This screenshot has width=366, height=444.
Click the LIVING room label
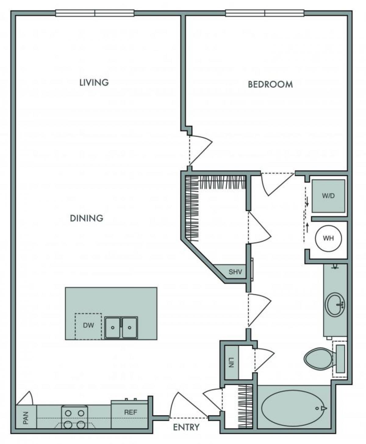94,83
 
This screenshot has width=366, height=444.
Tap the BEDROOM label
270,84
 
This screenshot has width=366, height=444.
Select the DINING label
87,218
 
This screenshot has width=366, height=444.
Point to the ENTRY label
186,428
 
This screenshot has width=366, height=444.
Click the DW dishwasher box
88,325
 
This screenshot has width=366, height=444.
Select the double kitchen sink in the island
121,328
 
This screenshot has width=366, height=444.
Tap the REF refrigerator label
130,412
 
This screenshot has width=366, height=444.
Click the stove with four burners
74,417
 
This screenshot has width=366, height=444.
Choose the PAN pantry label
26,418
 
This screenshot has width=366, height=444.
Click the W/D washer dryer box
328,196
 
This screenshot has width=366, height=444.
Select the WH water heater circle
328,238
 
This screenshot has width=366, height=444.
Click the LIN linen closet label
231,362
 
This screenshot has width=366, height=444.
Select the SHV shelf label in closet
235,272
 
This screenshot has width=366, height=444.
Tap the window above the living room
95,13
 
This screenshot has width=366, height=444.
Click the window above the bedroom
265,13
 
